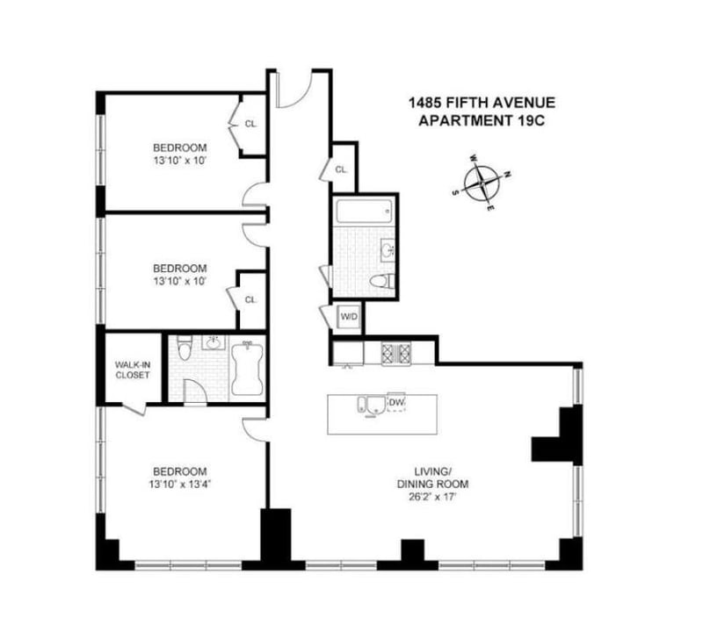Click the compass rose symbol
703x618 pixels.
pos(481,183)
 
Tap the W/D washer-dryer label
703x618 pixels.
pos(349,317)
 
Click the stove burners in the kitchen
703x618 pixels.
pos(396,354)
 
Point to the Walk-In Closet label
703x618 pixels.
pos(133,370)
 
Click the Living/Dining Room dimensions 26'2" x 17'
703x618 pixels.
pos(432,497)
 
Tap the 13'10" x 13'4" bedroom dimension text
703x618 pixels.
pos(180,484)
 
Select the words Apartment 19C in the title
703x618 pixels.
pos(482,120)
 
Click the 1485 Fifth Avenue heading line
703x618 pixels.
pos(482,103)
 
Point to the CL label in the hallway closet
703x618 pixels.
pos(341,169)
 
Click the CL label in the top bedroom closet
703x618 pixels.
pos(250,124)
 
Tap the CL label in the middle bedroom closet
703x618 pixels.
pos(250,299)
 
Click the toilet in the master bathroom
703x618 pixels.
pos(185,348)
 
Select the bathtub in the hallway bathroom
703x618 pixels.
pos(364,211)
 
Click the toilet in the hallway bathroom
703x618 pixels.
pos(382,281)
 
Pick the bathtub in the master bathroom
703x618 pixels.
pos(247,368)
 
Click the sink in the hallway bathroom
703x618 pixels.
pos(387,248)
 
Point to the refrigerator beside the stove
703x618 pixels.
pos(348,354)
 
